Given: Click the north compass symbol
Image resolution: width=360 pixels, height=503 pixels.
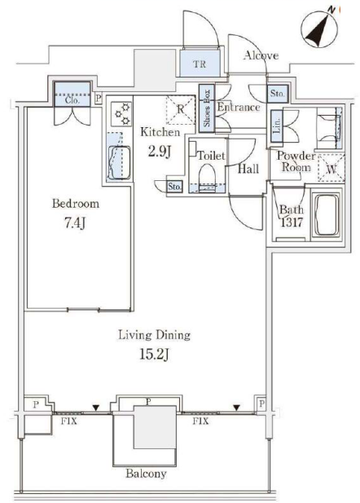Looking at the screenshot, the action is point(319,29).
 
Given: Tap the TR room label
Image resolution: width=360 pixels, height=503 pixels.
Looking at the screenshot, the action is point(200,64).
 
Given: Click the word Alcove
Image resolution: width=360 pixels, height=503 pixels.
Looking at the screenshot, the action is point(261,55).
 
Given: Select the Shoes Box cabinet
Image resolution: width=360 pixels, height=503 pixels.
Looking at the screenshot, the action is point(207,108).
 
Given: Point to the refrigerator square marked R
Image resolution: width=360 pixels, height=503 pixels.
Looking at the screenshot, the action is point(181,109).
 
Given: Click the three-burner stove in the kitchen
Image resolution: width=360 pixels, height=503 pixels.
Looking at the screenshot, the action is point(122,114).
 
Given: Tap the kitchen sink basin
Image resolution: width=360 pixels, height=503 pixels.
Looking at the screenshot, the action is point(119,163).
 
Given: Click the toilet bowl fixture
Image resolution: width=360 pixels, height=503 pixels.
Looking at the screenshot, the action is point(208,178).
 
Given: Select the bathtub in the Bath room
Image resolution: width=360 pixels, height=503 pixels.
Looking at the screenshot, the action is point(327,215).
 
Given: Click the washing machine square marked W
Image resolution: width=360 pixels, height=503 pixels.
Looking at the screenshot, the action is point(331,168).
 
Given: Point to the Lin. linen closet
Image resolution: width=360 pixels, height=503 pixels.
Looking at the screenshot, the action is point(277,126).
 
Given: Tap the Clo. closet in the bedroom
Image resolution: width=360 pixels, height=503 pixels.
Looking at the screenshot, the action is point(72,95).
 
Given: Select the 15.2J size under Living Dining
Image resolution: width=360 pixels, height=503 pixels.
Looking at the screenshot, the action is point(154,355).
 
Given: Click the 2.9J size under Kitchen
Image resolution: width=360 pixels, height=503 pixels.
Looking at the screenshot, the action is point(159,152).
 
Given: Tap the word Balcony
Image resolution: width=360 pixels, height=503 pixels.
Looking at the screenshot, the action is point(146,474).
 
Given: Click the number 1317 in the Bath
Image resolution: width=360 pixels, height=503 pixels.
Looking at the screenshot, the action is point(292,223).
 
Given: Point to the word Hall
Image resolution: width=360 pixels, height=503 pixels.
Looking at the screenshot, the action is point(248,169).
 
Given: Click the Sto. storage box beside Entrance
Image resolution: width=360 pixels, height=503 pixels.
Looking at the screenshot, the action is point(278,94).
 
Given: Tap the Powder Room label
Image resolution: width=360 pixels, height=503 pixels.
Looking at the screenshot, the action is point(296,161).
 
